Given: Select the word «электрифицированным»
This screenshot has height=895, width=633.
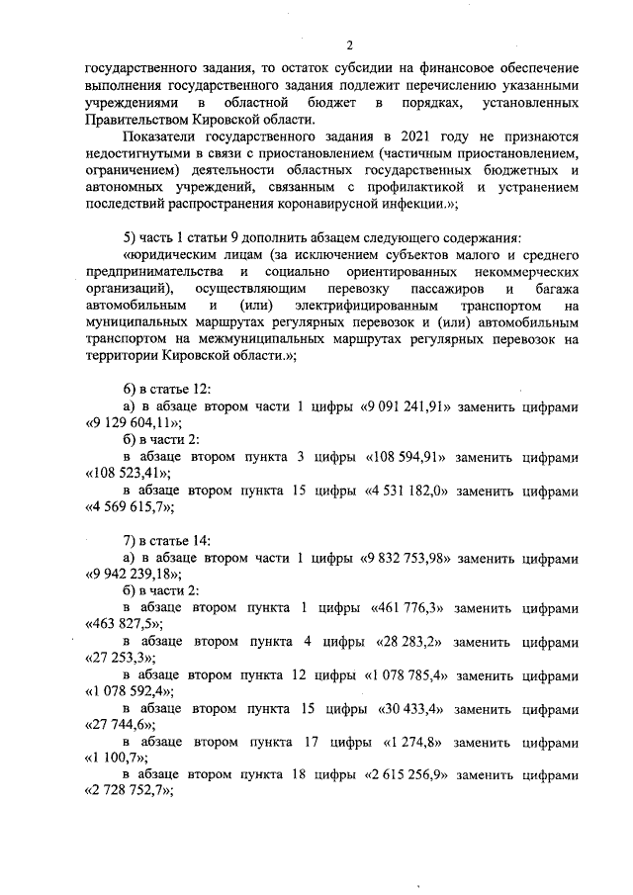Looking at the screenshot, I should pos(361,306).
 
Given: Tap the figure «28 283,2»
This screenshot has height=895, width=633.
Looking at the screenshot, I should pos(414,642).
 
